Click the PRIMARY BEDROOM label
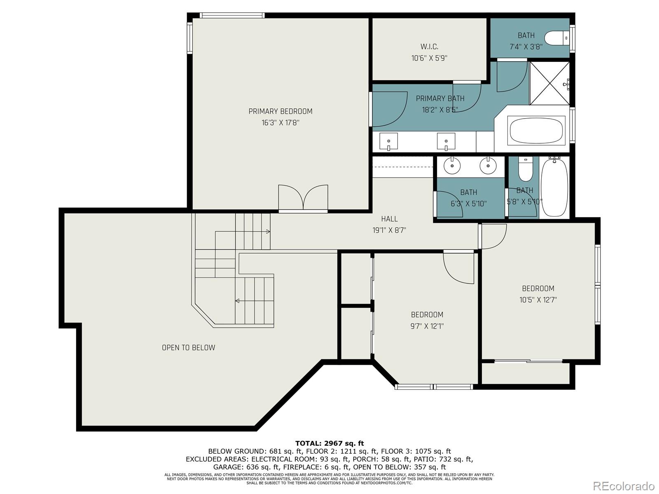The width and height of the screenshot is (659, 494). [280, 111]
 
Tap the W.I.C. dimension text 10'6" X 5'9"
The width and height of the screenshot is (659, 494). [429, 58]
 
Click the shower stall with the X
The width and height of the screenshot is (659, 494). [549, 83]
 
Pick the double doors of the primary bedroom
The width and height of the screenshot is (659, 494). [303, 198]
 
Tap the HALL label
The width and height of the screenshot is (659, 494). [389, 219]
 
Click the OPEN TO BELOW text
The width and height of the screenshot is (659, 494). [188, 348]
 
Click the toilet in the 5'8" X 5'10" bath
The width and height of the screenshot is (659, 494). [525, 170]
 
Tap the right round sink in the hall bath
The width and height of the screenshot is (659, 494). [488, 166]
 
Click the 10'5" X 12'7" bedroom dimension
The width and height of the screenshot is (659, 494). [538, 300]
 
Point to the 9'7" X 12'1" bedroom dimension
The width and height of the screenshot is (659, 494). [427, 326]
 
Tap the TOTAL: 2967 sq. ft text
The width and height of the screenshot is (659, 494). [329, 443]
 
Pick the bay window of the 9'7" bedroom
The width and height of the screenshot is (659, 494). [433, 387]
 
